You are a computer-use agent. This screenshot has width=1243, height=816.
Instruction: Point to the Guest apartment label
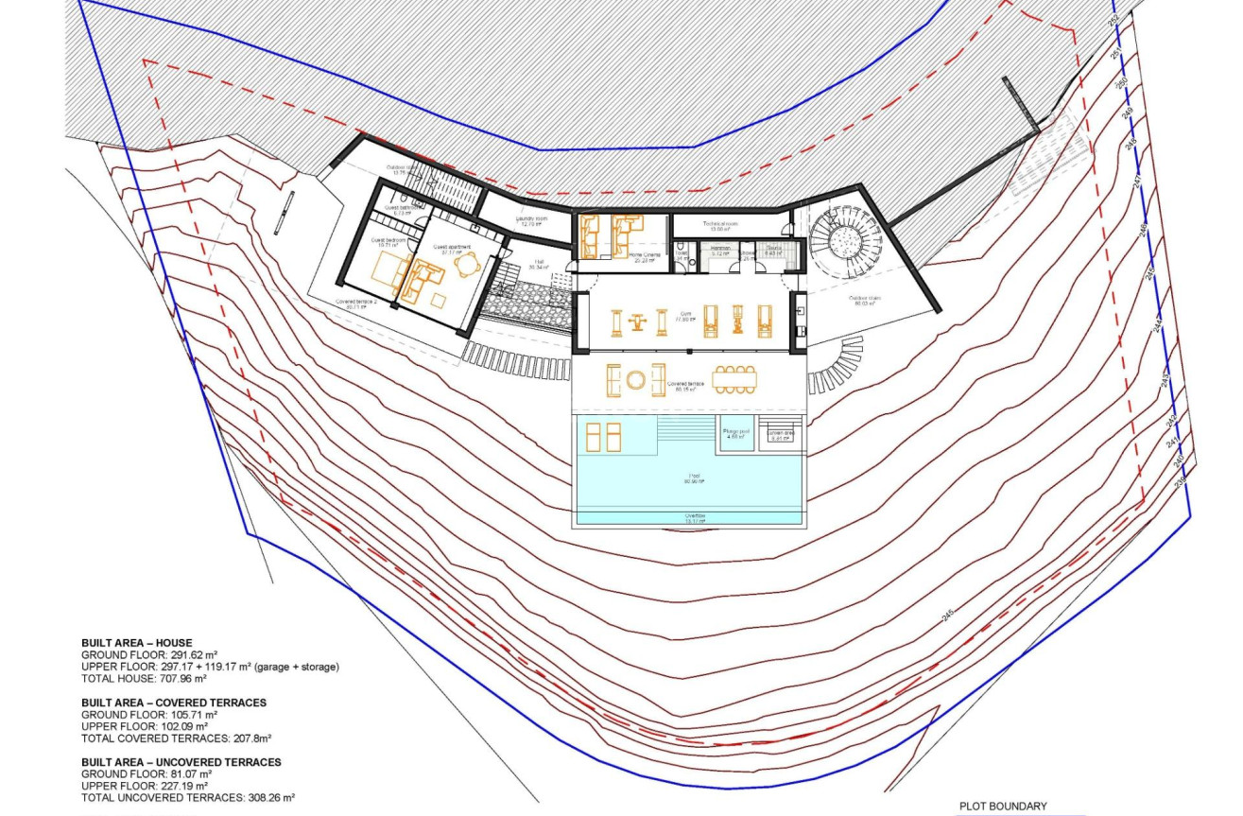451,250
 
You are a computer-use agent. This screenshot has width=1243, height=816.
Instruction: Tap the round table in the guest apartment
464,266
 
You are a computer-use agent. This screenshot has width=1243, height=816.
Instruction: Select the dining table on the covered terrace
735,379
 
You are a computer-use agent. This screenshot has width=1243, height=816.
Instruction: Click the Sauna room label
773,252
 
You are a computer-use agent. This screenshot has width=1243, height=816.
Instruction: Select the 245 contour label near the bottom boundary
947,616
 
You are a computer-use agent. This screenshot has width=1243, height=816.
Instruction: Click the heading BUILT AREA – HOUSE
136,643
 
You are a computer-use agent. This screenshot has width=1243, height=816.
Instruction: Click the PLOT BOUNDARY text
1003,807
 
